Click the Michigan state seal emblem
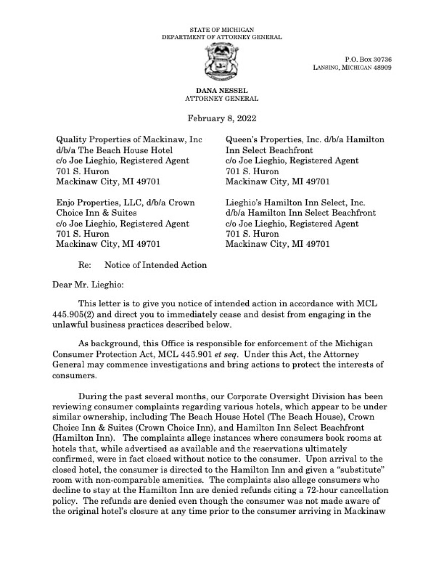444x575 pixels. [x=221, y=63]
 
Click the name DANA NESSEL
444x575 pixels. [x=221, y=91]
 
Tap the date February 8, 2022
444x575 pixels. [x=222, y=119]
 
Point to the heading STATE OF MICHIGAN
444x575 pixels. [x=221, y=30]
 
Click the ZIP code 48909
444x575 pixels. [x=382, y=67]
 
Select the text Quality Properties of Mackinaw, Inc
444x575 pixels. [x=129, y=139]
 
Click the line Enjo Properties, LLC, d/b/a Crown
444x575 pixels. [x=125, y=202]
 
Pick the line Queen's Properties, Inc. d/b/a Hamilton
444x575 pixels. [x=305, y=139]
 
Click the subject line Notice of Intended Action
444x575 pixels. [x=155, y=265]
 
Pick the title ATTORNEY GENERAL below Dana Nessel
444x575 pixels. [x=222, y=99]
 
